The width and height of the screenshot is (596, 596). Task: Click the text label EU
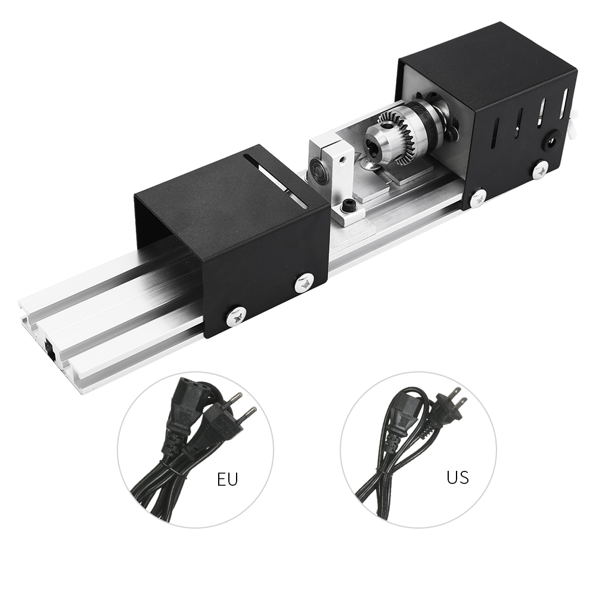pyautogui.click(x=227, y=479)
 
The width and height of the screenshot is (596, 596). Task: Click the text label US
pyautogui.click(x=457, y=477)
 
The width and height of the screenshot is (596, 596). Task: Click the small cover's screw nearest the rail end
pyautogui.click(x=237, y=315)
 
